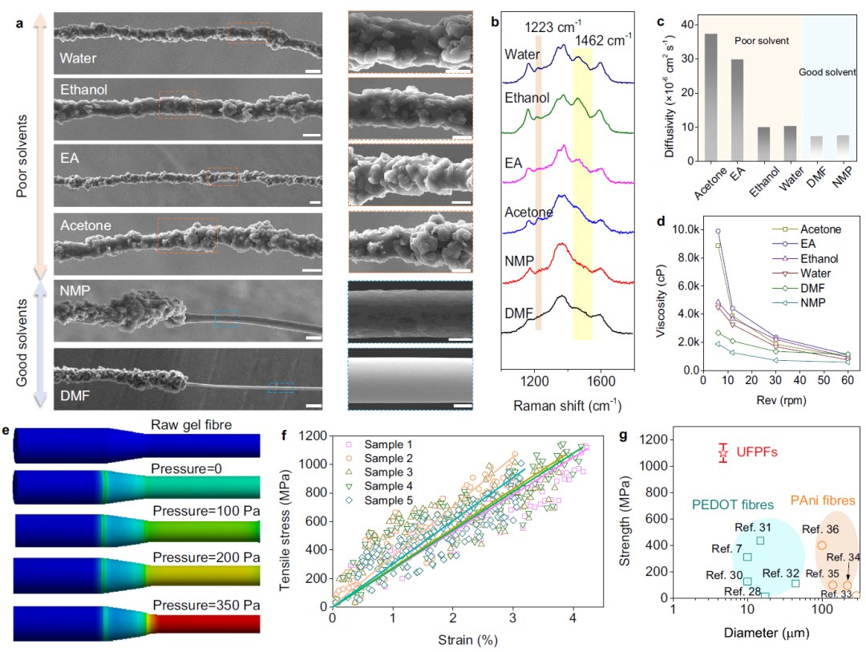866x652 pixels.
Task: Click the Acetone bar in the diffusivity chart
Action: click(710, 97)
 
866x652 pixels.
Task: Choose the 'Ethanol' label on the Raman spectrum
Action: click(527, 98)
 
